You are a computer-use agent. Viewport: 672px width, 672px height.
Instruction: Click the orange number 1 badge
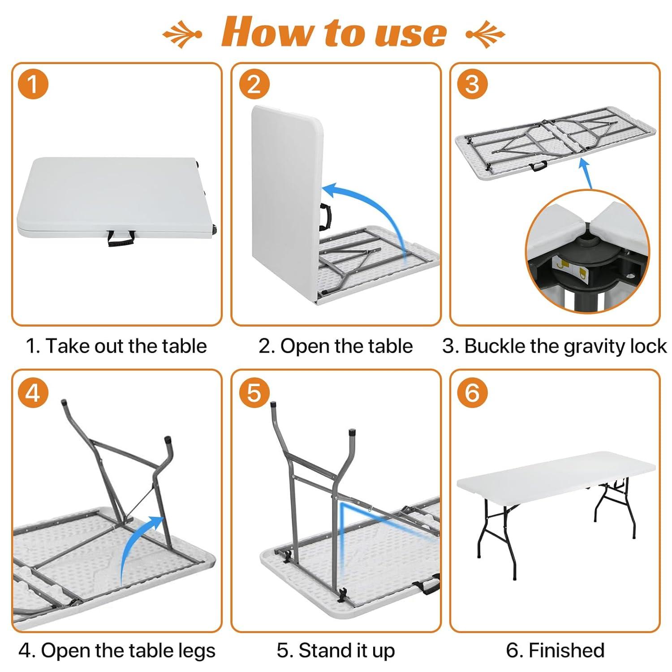[x=33, y=84]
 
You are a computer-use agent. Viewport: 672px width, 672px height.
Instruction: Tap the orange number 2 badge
[x=254, y=84]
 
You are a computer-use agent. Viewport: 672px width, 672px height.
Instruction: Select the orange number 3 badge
[x=472, y=84]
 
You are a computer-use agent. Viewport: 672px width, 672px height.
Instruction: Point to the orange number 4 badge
[x=33, y=393]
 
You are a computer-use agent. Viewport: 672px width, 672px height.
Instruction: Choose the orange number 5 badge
[x=254, y=393]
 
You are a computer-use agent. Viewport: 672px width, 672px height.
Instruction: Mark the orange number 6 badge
[x=472, y=393]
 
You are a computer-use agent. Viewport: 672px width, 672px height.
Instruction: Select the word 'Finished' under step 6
[x=566, y=650]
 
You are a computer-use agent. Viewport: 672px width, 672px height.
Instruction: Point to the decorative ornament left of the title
[x=181, y=34]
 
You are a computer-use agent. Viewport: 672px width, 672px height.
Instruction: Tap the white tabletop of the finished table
[x=556, y=475]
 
